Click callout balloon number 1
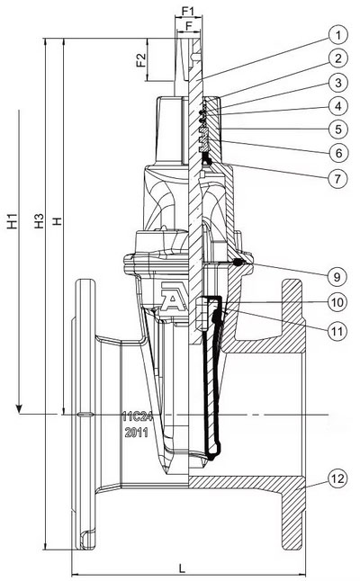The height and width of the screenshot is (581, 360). coord(337,35)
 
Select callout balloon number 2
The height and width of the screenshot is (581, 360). coord(337,58)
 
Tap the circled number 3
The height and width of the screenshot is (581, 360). coord(337,82)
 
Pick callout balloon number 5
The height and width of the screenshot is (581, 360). coord(337,130)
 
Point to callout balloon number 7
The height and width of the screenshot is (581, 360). coord(337,179)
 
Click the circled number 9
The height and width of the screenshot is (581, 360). coord(337,276)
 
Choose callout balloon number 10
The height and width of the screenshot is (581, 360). coord(337,302)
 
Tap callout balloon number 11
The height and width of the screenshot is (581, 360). coord(337,331)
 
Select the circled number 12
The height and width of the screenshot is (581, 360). coord(337,478)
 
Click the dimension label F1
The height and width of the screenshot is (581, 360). coord(188,12)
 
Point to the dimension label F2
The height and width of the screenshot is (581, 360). coord(141,60)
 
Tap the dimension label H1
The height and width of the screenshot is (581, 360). coord(13,221)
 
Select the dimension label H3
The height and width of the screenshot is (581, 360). coord(39,221)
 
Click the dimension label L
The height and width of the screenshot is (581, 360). coord(182,568)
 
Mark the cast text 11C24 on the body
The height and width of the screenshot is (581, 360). coord(138,416)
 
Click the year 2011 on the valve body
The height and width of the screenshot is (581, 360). coord(137,432)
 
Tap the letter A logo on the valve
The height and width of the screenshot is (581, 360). coord(173,297)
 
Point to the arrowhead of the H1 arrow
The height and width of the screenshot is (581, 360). coord(19,408)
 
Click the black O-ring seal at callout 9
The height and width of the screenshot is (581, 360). coord(238,263)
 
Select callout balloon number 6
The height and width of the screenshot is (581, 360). coord(337,153)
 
